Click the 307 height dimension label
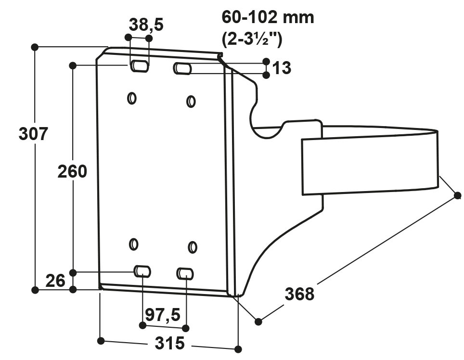pos(33,133)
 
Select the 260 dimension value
pos(72,171)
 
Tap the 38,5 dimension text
pos(146,25)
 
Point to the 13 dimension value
pos(282,68)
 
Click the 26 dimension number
pos(55,281)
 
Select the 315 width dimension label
pos(169,344)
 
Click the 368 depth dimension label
pos(299,294)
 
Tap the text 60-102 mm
pos(268,17)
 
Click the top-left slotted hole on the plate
pos(139,66)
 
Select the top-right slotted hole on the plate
pos(182,69)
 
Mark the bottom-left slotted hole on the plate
pos(142,271)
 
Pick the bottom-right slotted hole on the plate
pos(185,274)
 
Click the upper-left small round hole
pos(131,98)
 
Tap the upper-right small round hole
pos(191,102)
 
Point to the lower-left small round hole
pos(134,244)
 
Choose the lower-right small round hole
pos(193,247)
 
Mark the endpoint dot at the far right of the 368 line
pos(458,195)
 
